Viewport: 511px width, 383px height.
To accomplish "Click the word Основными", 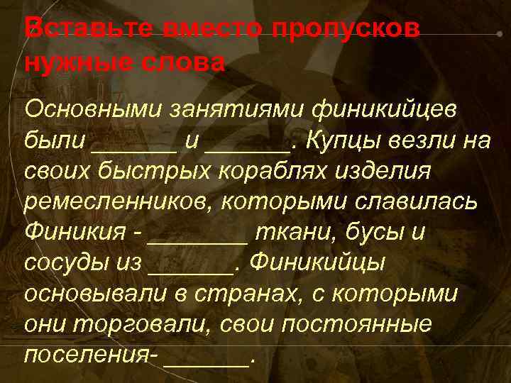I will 94,110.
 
